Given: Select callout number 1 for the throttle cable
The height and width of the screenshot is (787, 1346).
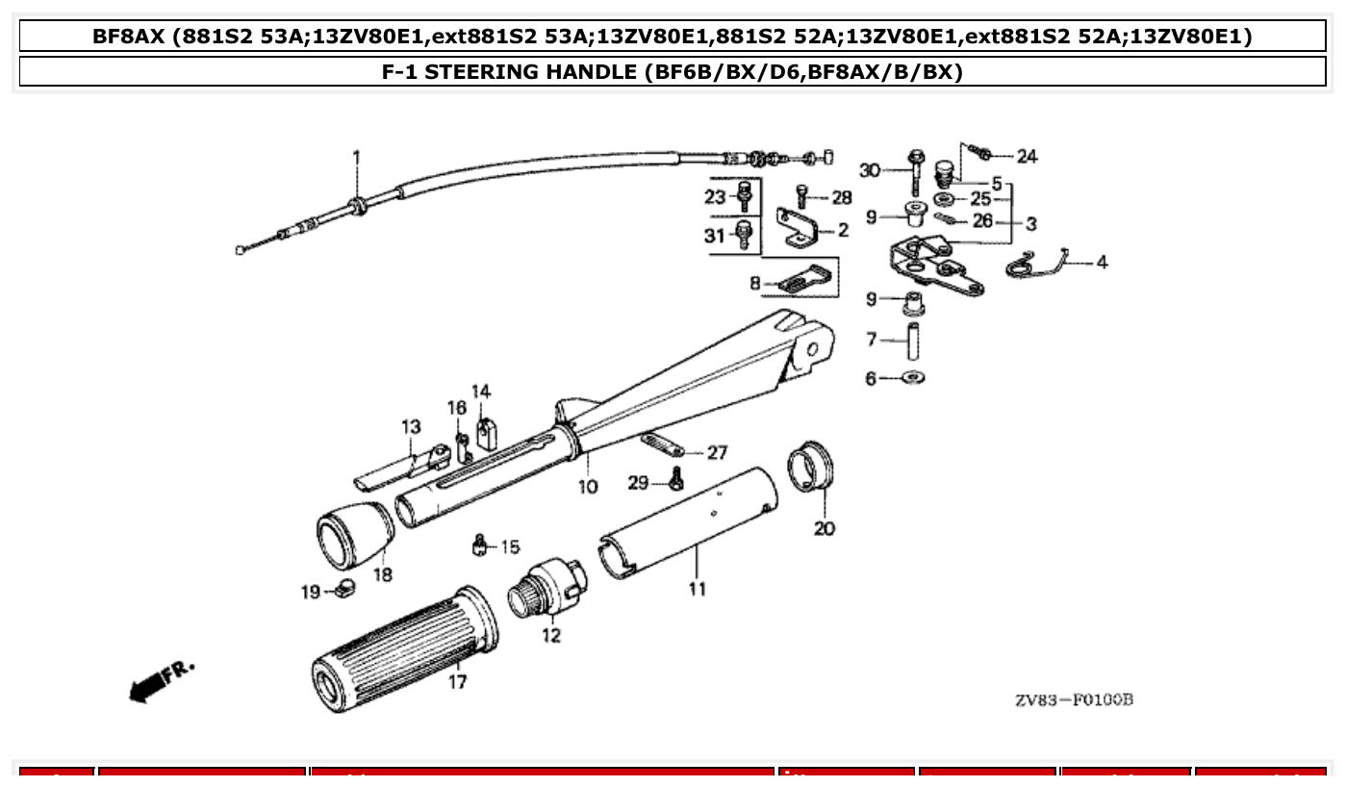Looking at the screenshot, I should tap(356, 156).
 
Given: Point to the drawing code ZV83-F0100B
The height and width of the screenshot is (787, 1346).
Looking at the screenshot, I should tap(1074, 699).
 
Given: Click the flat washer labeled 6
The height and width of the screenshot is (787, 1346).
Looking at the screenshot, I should tap(911, 378).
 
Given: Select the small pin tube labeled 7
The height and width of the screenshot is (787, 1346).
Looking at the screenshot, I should tap(912, 340).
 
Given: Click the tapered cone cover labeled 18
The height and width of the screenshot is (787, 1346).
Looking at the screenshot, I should tap(356, 534).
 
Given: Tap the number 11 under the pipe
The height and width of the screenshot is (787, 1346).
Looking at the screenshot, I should tap(696, 588).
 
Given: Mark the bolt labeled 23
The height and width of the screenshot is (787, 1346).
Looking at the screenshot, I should tap(743, 196).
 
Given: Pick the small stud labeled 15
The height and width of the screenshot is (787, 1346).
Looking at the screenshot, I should tap(478, 546).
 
